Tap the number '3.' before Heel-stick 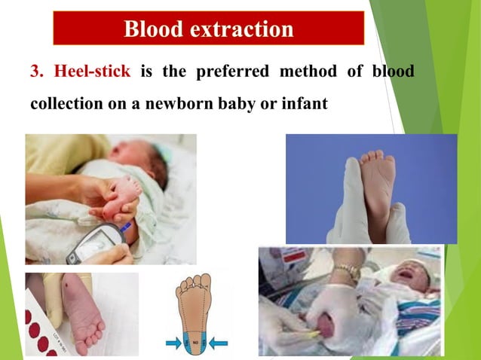click(x=38, y=72)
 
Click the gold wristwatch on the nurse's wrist click(x=348, y=272)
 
